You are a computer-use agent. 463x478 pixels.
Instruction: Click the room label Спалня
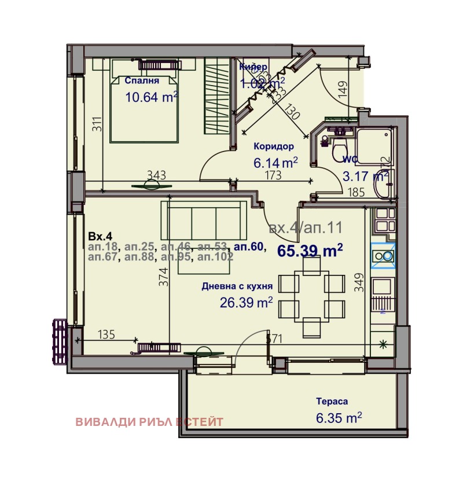coord(141,81)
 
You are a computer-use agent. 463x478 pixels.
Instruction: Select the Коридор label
coord(274,147)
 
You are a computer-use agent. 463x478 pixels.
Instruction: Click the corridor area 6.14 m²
coord(275,163)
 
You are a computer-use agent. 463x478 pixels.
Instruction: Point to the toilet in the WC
coord(339,149)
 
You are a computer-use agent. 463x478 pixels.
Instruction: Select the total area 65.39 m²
coord(310,251)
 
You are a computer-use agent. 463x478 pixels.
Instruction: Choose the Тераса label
coord(332,401)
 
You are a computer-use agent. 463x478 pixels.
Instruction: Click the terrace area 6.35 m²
coord(339,417)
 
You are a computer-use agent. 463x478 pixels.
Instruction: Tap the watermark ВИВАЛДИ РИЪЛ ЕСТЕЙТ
coord(149,422)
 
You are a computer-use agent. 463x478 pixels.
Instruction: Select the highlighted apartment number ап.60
coord(249,247)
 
